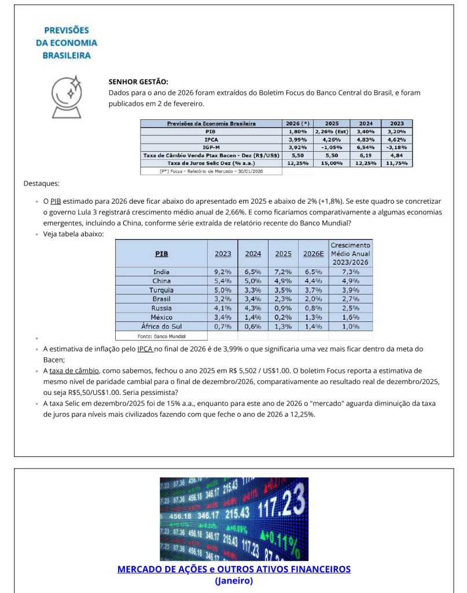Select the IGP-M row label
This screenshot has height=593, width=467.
point(211,148)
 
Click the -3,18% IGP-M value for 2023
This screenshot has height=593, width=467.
point(400,148)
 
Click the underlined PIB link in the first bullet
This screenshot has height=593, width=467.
point(56,201)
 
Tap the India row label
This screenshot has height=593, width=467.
point(161,272)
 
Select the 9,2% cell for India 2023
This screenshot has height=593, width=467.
point(222,272)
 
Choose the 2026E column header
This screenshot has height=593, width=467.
point(313,254)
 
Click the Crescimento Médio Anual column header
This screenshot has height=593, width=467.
point(350,254)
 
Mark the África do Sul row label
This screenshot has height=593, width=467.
point(161,327)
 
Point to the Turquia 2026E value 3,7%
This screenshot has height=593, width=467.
point(313,290)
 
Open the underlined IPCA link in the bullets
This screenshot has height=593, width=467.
point(145,349)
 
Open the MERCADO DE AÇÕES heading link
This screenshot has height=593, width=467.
point(234,569)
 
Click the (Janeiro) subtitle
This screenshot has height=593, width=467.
point(234,580)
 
